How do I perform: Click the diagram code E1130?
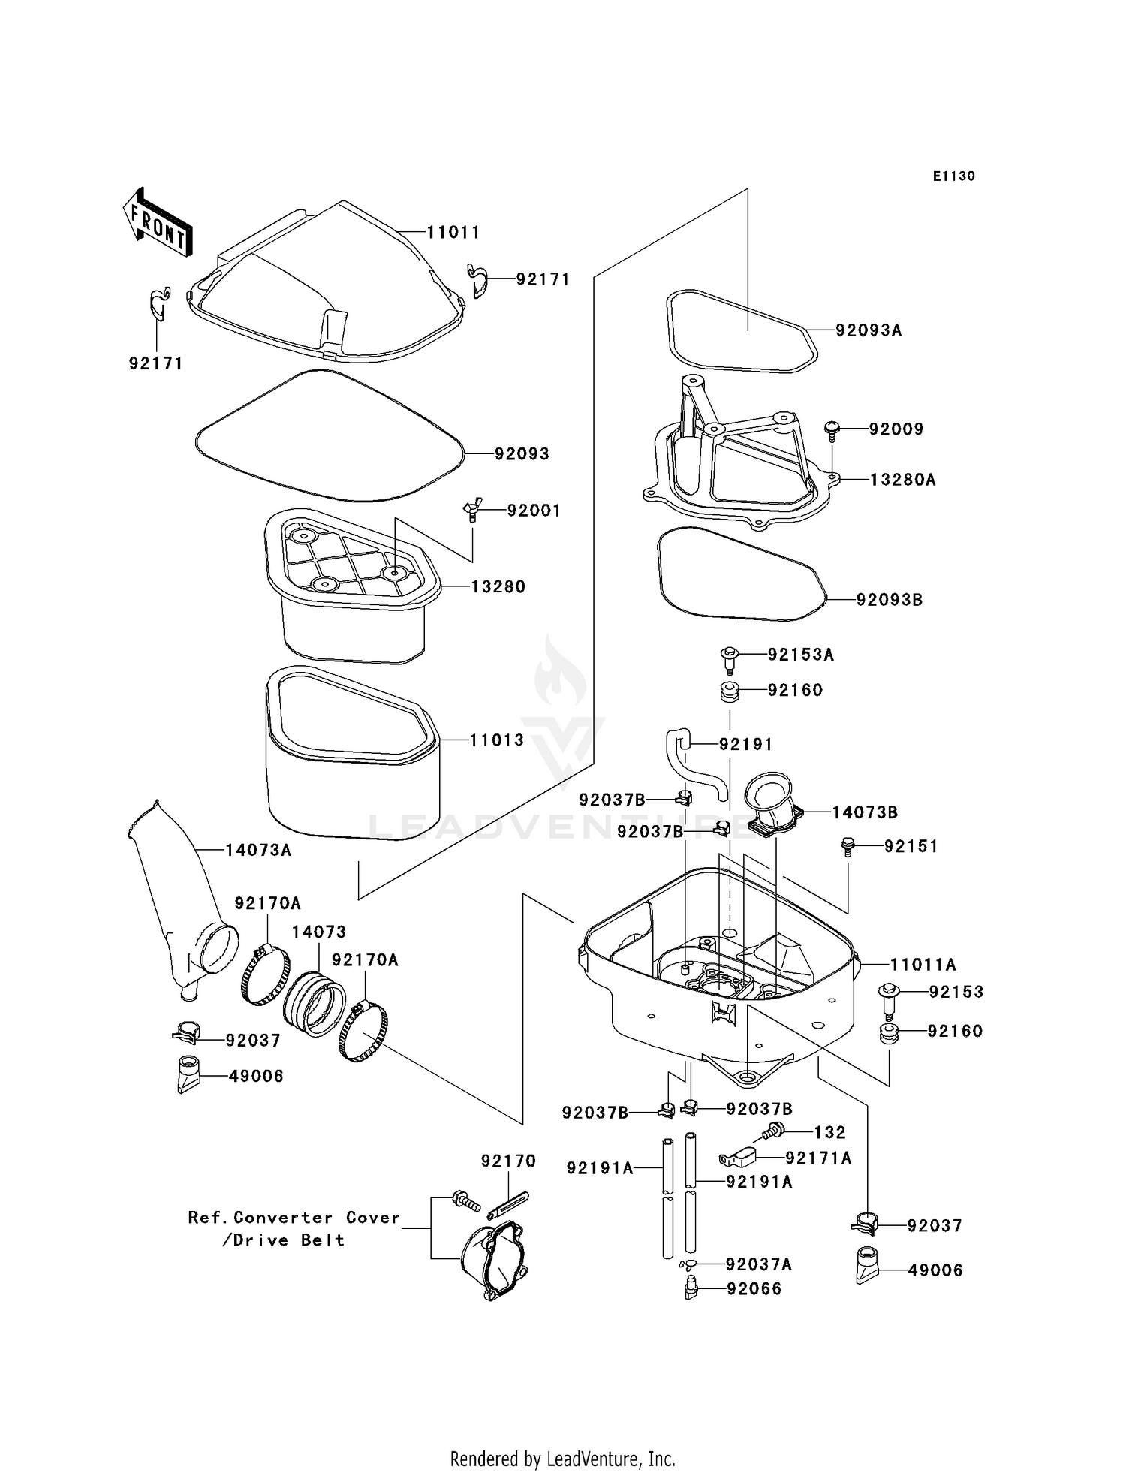[953, 176]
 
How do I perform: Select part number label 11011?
[453, 233]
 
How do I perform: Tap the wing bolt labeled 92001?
[471, 511]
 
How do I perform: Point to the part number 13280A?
[902, 480]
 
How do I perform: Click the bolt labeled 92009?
[832, 429]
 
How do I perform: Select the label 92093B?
[889, 600]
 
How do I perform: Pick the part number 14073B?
[864, 812]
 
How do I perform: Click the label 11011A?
[923, 965]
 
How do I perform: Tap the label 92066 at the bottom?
[754, 1289]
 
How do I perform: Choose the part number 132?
[829, 1132]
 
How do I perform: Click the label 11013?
[496, 740]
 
